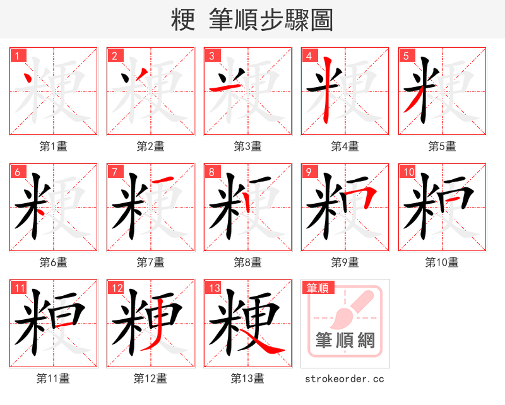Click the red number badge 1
coord(17,56)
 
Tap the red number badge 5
coord(406,56)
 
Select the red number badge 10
coord(408,172)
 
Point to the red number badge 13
coord(213,288)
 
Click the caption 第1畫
coord(54,146)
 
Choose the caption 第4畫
coord(345,146)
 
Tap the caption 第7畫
coord(151,262)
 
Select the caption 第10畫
coord(442,262)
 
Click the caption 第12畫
coord(151,379)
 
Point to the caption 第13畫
coord(247,379)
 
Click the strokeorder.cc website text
coord(345,379)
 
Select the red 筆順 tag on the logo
coord(318,288)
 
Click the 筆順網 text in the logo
coord(345,341)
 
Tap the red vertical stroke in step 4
coord(326,91)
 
